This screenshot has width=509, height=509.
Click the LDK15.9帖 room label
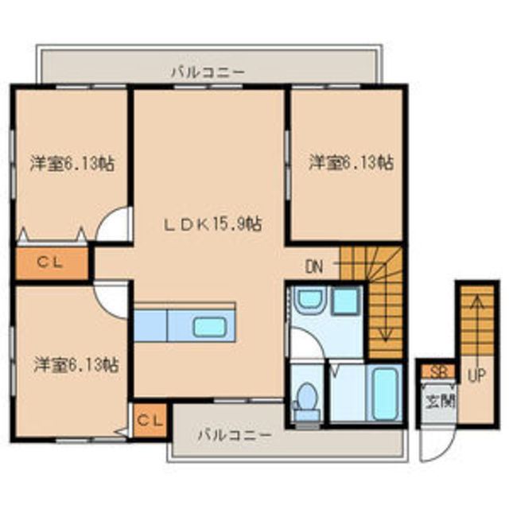(x=212, y=224)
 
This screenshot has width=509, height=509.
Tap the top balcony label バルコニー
(x=208, y=72)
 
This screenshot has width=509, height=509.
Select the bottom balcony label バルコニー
(x=235, y=435)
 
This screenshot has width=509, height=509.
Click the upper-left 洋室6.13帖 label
(x=72, y=163)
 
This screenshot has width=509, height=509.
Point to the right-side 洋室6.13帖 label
(x=351, y=162)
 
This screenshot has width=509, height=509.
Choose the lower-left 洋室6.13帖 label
(x=76, y=364)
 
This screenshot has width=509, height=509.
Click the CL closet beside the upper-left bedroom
(x=52, y=262)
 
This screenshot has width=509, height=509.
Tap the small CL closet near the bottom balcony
(x=150, y=421)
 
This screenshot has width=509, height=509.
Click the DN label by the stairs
(x=314, y=267)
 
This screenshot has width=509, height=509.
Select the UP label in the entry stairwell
(x=476, y=375)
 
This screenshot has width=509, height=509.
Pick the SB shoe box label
(x=438, y=372)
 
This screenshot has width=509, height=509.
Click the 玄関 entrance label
(x=440, y=402)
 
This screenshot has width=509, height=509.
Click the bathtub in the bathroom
(x=385, y=394)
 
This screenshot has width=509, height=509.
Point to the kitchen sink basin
(x=210, y=327)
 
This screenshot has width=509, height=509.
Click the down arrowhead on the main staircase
(x=385, y=336)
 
